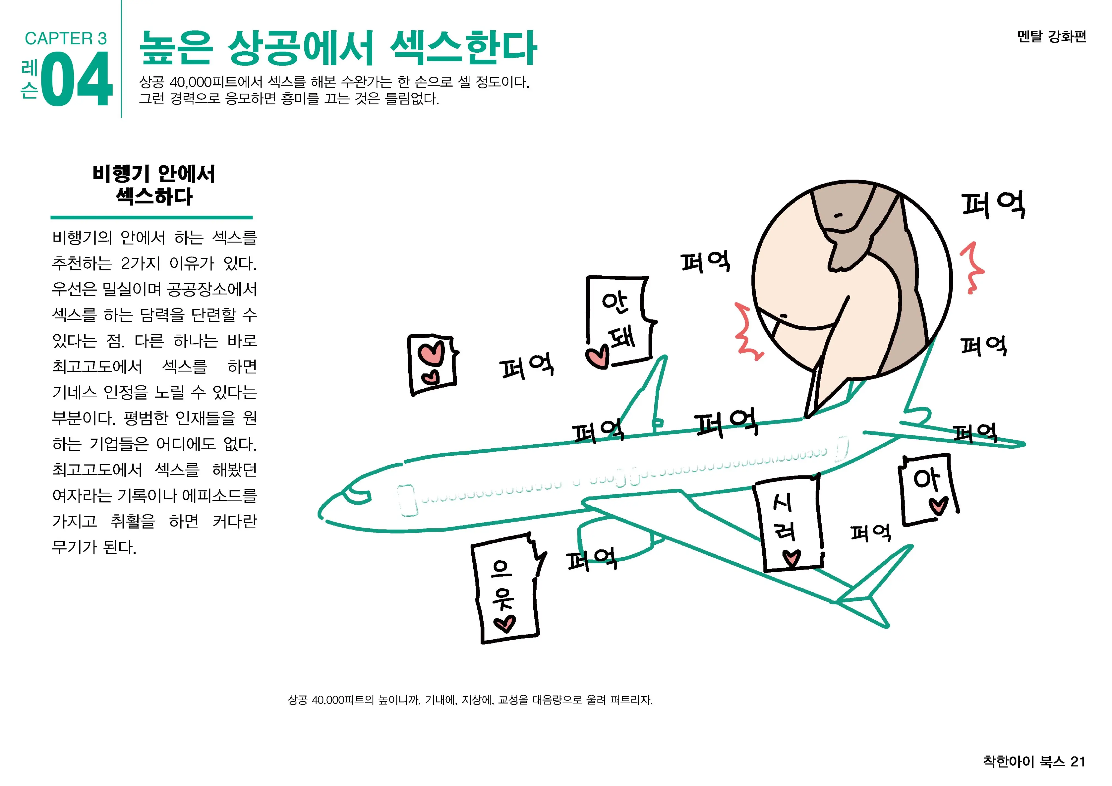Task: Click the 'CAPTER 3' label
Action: point(66,38)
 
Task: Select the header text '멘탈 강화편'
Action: point(1051,36)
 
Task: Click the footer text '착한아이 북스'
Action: point(1024,762)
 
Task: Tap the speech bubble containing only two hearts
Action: point(433,364)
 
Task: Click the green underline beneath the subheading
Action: point(151,218)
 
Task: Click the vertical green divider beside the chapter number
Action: point(121,59)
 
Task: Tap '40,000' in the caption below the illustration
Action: point(328,700)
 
